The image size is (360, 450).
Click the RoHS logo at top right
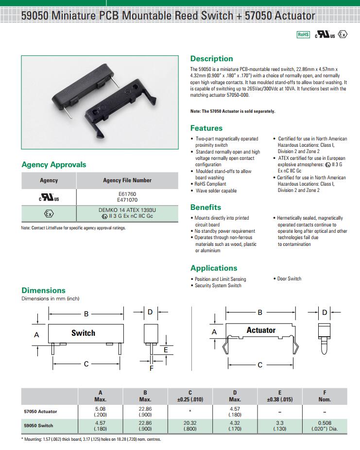[303, 35]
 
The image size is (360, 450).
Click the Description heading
[211, 59]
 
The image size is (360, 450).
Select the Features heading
[206, 128]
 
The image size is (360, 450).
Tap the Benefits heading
[206, 207]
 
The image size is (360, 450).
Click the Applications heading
[214, 268]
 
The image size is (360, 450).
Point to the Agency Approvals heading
[54, 165]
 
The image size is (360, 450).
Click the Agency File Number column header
[127, 180]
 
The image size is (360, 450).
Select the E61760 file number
[127, 193]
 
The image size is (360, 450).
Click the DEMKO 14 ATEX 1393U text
[127, 209]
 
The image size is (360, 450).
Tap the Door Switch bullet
[289, 279]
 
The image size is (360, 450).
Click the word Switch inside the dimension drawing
[83, 333]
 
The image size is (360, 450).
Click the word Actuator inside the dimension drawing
[261, 330]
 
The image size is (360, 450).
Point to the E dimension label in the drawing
[166, 349]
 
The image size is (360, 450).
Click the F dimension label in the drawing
[151, 368]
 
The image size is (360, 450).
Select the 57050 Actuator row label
[40, 411]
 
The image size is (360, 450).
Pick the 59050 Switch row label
[38, 425]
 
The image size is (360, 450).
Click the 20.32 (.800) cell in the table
[190, 426]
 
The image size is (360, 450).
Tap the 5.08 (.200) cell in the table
[101, 412]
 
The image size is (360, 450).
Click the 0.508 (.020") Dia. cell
[325, 426]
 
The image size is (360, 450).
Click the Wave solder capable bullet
[216, 191]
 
